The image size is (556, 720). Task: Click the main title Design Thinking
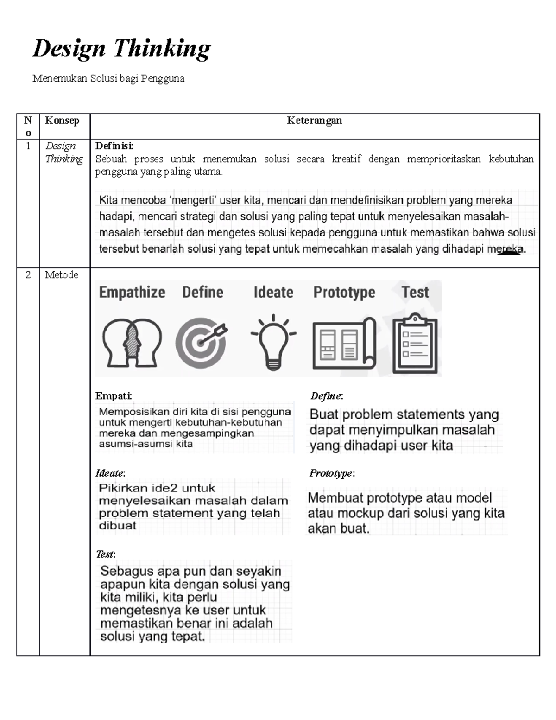pyautogui.click(x=121, y=49)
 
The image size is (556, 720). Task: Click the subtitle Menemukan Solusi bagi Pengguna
pyautogui.click(x=108, y=78)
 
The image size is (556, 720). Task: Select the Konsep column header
pyautogui.click(x=62, y=121)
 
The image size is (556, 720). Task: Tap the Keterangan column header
pyautogui.click(x=314, y=121)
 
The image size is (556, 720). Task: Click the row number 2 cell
pyautogui.click(x=28, y=275)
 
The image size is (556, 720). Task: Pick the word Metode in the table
pyautogui.click(x=61, y=275)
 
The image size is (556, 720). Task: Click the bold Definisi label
pyautogui.click(x=114, y=146)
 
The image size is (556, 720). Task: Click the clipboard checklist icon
pyautogui.click(x=415, y=344)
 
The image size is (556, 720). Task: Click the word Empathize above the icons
pyautogui.click(x=132, y=293)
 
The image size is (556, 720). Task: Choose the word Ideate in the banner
pyautogui.click(x=273, y=293)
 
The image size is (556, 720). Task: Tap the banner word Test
pyautogui.click(x=415, y=292)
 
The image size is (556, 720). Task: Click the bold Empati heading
pyautogui.click(x=114, y=396)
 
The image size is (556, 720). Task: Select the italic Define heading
pyautogui.click(x=326, y=396)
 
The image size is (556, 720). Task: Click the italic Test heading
pyautogui.click(x=105, y=554)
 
